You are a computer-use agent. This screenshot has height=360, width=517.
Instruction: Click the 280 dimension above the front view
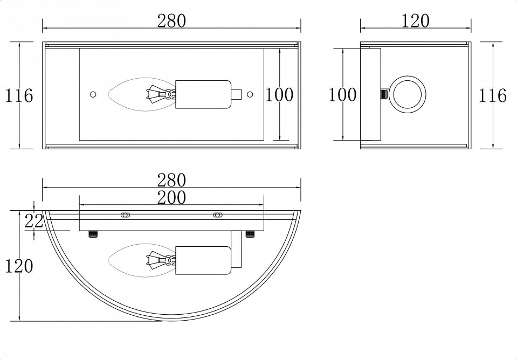pyautogui.click(x=171, y=21)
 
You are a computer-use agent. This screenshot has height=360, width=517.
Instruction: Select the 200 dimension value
pyautogui.click(x=171, y=197)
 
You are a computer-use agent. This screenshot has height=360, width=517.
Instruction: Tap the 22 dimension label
pyautogui.click(x=34, y=221)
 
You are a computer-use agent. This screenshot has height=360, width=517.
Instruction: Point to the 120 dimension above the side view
pyautogui.click(x=416, y=21)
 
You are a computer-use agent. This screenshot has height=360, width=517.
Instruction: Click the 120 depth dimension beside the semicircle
pyautogui.click(x=19, y=266)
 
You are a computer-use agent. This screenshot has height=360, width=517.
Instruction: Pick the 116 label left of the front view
pyautogui.click(x=19, y=95)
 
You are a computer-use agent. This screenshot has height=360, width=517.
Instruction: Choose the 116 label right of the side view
pyautogui.click(x=493, y=95)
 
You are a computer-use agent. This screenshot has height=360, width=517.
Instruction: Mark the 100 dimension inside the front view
pyautogui.click(x=279, y=95)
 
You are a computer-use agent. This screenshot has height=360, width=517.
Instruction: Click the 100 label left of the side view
pyautogui.click(x=343, y=95)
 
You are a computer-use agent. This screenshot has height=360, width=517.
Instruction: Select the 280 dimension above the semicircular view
pyautogui.click(x=171, y=181)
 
